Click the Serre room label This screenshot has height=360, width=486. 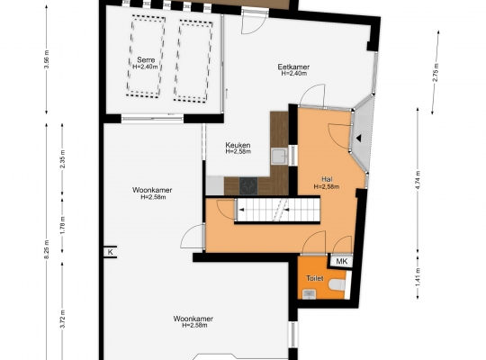(x=146, y=59)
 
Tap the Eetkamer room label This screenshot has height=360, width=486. (x=293, y=67)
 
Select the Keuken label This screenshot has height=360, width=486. (x=238, y=145)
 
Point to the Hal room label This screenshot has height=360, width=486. (x=327, y=179)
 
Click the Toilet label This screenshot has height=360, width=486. (x=315, y=278)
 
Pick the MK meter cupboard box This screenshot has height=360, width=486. (x=342, y=261)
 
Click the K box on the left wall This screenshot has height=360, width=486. (x=111, y=252)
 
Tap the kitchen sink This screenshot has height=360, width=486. (x=280, y=156)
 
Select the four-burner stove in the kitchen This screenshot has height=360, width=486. (x=248, y=186)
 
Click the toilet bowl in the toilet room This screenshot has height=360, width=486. (x=337, y=285)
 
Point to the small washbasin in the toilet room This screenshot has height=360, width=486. (x=309, y=293)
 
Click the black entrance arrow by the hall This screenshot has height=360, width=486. (x=358, y=139)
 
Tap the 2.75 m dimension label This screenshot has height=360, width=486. (x=436, y=73)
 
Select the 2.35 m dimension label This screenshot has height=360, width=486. (x=62, y=159)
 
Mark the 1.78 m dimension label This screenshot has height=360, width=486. (x=62, y=225)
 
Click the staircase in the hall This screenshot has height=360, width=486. (x=277, y=210)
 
